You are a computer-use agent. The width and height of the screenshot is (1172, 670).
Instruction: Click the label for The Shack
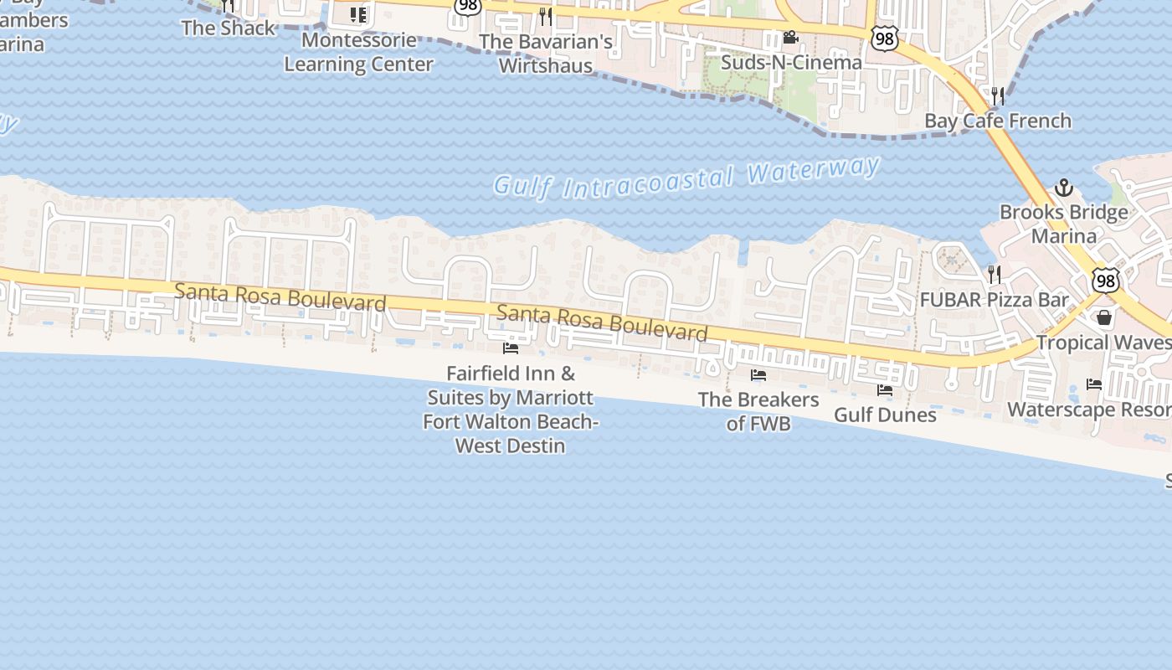[x=228, y=28]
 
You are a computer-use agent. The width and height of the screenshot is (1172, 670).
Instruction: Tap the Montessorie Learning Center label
[x=358, y=52]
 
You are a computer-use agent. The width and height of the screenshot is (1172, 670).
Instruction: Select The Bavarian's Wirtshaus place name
[x=546, y=53]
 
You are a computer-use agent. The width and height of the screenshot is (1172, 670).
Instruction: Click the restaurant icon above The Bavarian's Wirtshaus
[x=546, y=16]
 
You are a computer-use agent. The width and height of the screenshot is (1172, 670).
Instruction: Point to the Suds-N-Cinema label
[x=791, y=63]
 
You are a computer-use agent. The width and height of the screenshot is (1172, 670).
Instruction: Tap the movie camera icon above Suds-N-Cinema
[x=790, y=38]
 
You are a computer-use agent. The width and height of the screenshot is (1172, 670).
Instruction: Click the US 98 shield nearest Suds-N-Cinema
[x=885, y=38]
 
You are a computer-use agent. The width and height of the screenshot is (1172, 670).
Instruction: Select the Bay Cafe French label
[x=997, y=121]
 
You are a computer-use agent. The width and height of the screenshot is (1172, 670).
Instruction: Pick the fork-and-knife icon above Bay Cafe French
[x=997, y=95]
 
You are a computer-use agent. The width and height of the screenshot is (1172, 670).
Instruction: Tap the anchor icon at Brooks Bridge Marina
[x=1063, y=188]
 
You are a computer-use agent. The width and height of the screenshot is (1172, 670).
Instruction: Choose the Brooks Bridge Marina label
[x=1063, y=224]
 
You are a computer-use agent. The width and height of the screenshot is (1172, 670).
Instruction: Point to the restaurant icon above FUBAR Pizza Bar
[x=994, y=274]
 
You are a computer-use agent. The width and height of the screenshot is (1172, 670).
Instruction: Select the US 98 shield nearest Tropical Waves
[x=1105, y=281]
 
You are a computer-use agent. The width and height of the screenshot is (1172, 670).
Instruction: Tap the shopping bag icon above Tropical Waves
[x=1104, y=317]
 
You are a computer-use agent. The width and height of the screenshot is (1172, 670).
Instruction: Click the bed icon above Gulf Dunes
[x=885, y=390]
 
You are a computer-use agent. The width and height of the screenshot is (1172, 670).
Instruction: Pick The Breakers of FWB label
[x=758, y=411]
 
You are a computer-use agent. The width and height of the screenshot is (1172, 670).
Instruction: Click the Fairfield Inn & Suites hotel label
[x=511, y=410]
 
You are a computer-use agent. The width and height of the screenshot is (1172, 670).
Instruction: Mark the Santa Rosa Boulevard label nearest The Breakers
[x=603, y=323]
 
